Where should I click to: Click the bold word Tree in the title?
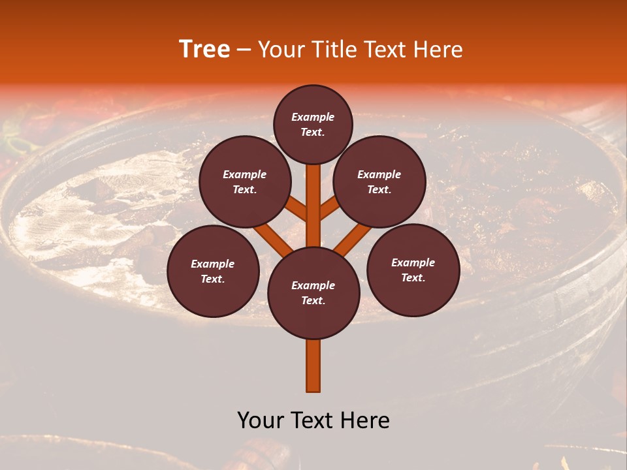click(204, 50)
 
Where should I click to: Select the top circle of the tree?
click(313, 124)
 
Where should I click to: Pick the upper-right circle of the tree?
click(379, 181)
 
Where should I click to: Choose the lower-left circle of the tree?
click(213, 271)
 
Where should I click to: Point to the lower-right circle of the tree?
click(413, 270)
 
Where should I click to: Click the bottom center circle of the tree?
click(313, 293)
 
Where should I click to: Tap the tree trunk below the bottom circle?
click(313, 366)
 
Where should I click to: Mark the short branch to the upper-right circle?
click(330, 208)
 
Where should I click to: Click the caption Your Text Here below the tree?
click(313, 420)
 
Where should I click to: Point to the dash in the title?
click(244, 50)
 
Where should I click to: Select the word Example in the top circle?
click(313, 117)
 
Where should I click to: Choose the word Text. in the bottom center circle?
click(313, 301)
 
